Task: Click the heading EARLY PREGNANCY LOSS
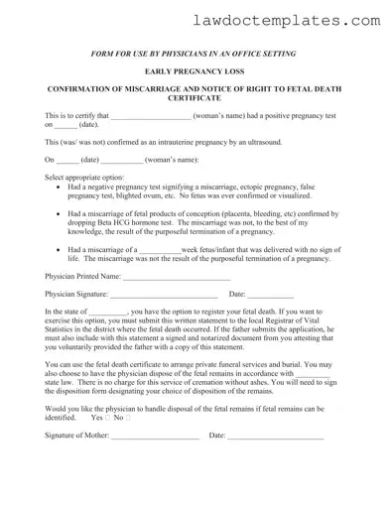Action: pyautogui.click(x=196, y=71)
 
